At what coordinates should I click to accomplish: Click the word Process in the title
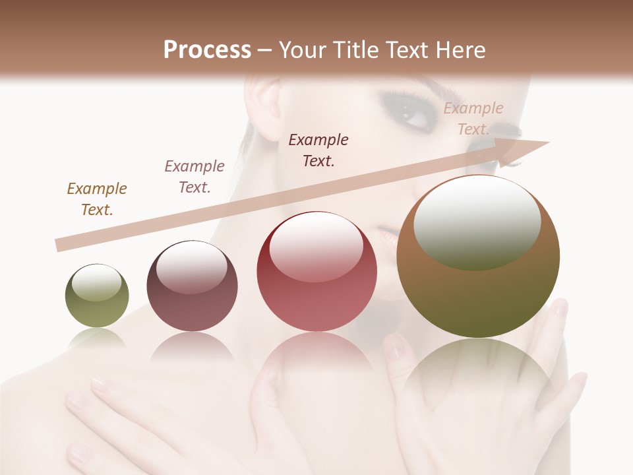click(207, 49)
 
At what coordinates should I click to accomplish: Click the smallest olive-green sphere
click(97, 296)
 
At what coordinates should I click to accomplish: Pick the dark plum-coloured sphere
click(192, 286)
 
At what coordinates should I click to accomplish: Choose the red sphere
click(316, 271)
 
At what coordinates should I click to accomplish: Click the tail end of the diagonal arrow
click(59, 245)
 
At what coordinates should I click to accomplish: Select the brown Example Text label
click(97, 199)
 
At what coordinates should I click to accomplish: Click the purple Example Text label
click(195, 176)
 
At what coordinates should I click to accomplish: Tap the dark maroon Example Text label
click(318, 150)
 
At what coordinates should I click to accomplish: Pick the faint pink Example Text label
click(473, 119)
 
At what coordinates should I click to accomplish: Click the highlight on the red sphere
click(316, 246)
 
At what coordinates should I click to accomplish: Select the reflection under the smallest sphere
click(97, 339)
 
